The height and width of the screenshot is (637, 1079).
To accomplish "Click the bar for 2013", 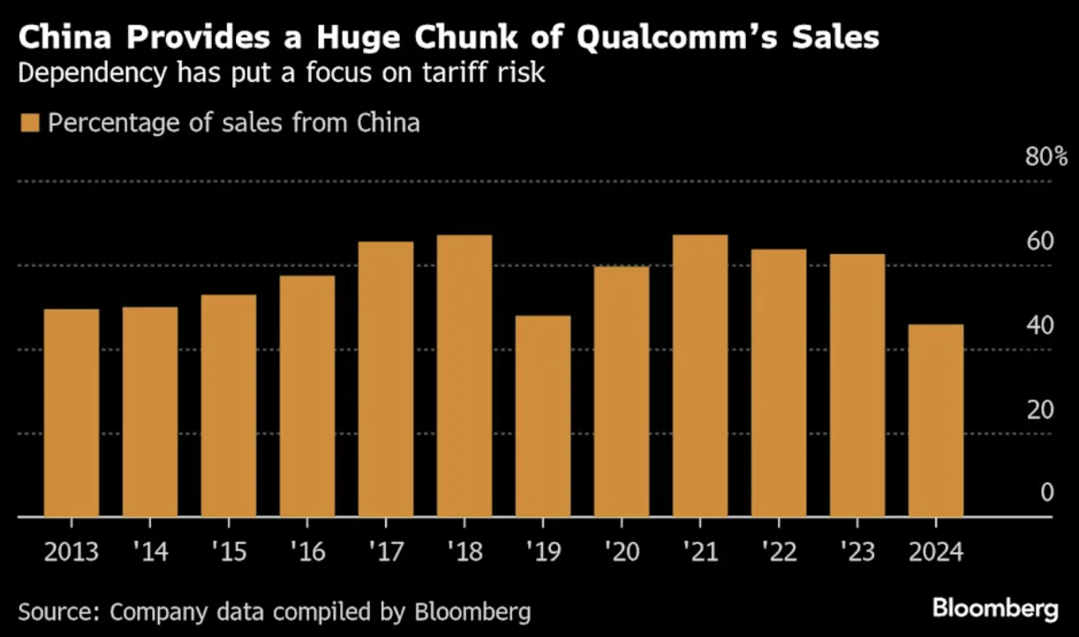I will click(x=72, y=412).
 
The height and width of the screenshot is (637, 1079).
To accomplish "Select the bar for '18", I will click(x=464, y=375).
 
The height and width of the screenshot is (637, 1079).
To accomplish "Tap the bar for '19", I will click(x=543, y=416).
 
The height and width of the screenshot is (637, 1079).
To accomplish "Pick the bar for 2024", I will click(x=936, y=420).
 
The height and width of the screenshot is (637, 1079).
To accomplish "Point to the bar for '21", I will click(x=700, y=375).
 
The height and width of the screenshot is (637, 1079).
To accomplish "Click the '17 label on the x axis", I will click(x=385, y=553).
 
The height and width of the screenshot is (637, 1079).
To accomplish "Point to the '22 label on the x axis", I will click(x=778, y=553).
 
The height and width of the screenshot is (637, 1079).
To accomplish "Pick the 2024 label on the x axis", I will click(x=935, y=553).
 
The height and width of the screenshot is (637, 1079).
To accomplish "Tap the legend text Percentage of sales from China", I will click(x=234, y=122).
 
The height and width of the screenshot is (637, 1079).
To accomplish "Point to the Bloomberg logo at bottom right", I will click(x=995, y=609).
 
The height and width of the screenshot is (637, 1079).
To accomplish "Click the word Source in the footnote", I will click(x=54, y=611).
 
